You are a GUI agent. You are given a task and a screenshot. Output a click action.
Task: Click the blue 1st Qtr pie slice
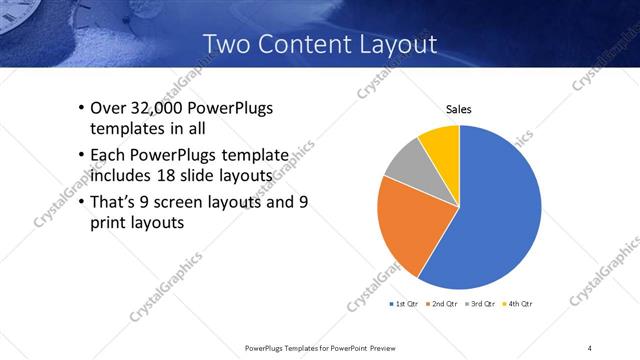point(495,210)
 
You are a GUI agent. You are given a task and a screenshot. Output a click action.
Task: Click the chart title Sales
point(458,110)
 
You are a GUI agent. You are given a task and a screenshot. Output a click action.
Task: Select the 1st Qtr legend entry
point(403,303)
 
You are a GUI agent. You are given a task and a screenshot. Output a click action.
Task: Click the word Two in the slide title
point(226,44)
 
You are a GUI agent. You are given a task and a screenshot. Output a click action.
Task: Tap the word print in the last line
point(110,224)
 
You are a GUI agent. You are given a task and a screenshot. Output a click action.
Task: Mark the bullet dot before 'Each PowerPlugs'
point(80,155)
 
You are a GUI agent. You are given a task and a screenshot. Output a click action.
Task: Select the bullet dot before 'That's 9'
point(80,202)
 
